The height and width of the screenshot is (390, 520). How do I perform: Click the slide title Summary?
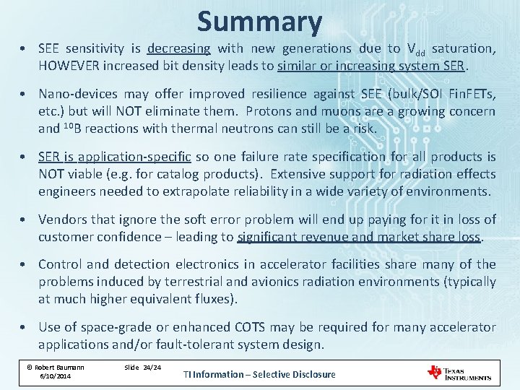259,22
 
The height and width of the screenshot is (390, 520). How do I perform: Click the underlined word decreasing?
178,49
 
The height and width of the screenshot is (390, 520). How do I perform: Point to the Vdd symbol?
415,50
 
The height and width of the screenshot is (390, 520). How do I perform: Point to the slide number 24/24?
152,367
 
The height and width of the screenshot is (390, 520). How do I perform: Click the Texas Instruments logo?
460,373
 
